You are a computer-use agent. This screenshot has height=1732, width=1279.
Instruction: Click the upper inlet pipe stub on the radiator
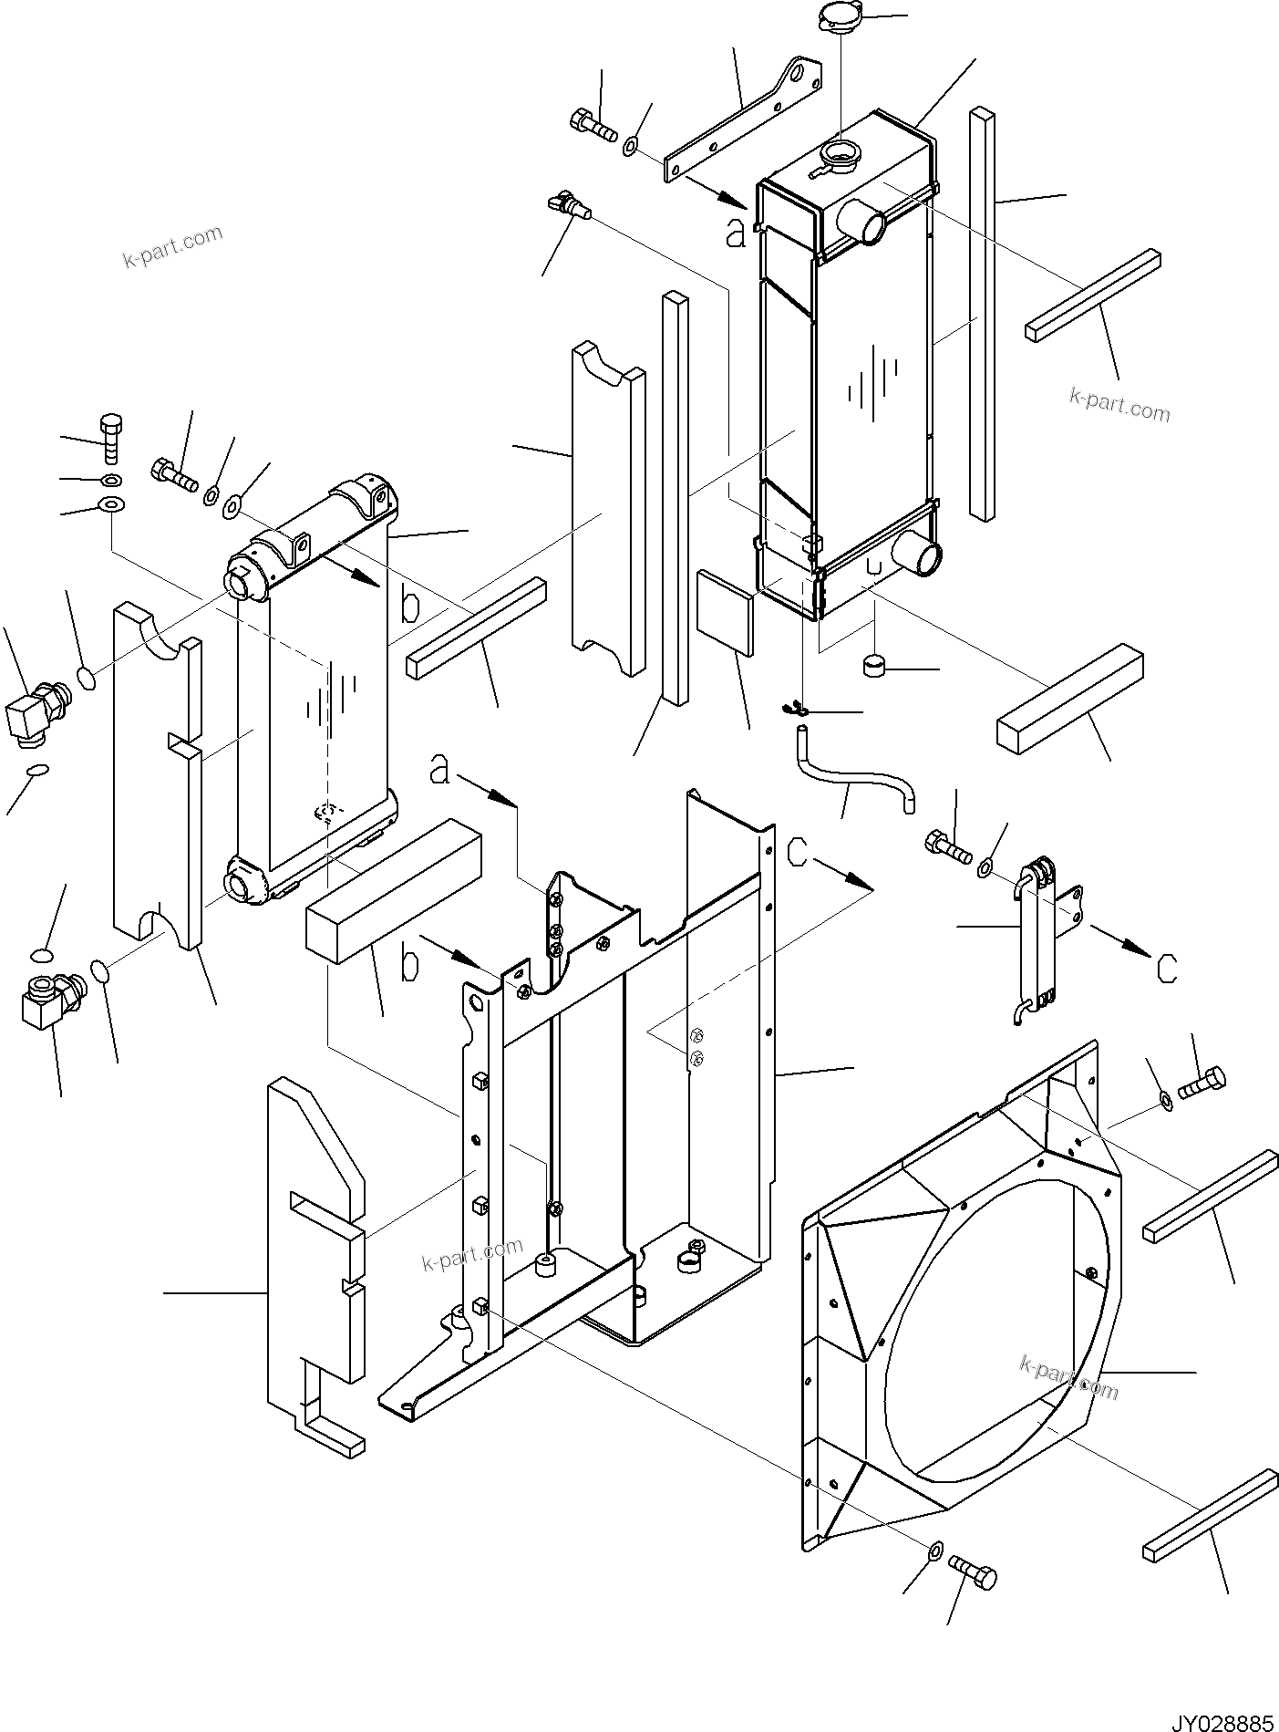[862, 220]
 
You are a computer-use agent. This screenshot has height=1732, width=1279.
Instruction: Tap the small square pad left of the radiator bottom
[725, 612]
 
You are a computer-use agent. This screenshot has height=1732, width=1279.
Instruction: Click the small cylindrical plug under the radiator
[874, 666]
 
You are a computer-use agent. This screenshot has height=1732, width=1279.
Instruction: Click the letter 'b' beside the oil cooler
[411, 605]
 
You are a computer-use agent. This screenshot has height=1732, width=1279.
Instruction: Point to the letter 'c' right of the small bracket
[1166, 968]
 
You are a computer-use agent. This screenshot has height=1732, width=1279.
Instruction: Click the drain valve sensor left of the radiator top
[570, 204]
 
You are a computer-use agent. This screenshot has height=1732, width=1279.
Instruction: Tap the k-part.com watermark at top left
[173, 247]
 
